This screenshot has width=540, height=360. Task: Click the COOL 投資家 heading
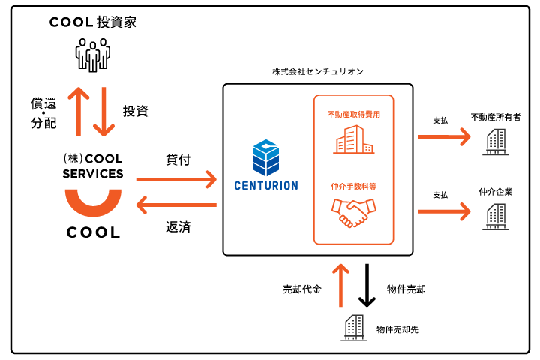click(x=93, y=22)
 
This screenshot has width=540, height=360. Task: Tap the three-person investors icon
click(x=93, y=55)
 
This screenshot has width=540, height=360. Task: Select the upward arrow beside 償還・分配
click(x=79, y=112)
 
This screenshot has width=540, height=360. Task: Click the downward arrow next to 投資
click(x=103, y=112)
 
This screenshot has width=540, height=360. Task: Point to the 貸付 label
click(x=178, y=160)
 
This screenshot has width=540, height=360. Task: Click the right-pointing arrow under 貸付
click(x=176, y=179)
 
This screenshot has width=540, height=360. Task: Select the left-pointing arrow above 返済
click(x=176, y=205)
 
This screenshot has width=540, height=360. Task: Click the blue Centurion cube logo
click(x=265, y=157)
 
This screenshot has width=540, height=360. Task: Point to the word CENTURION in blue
click(x=266, y=186)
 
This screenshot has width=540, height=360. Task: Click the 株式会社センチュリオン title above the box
click(x=318, y=71)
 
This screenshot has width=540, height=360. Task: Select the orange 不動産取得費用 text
click(x=354, y=114)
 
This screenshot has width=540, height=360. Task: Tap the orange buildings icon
click(x=354, y=139)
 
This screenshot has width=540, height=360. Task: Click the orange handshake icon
click(x=354, y=212)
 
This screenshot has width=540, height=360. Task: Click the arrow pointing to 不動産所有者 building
click(x=444, y=136)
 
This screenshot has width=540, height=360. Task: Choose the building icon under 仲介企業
click(x=496, y=216)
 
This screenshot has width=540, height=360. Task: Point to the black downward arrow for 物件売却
click(x=367, y=285)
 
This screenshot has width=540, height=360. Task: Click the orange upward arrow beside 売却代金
click(x=341, y=285)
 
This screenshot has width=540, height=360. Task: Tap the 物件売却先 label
click(x=397, y=330)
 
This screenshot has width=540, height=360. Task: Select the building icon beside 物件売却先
click(x=354, y=328)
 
